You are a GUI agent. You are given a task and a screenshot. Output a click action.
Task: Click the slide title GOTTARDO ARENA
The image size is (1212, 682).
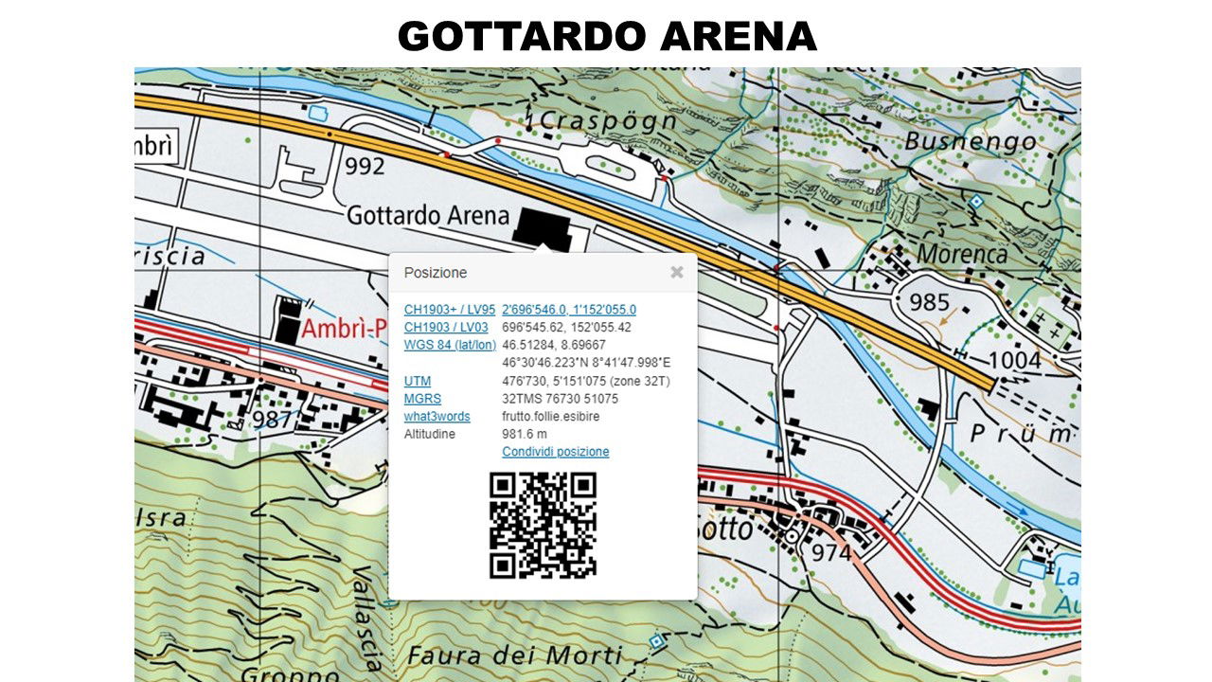pyautogui.click(x=606, y=36)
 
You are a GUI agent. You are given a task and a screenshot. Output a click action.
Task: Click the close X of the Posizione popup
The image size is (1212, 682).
pyautogui.click(x=676, y=273)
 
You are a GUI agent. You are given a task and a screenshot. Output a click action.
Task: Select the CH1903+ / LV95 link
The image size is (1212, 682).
pyautogui.click(x=449, y=310)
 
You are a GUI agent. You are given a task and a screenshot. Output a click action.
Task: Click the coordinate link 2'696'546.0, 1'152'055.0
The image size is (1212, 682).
pyautogui.click(x=568, y=310)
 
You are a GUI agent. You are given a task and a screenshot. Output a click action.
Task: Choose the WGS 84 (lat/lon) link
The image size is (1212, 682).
pyautogui.click(x=449, y=345)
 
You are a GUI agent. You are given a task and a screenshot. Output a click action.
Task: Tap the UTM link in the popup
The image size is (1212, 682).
pyautogui.click(x=417, y=381)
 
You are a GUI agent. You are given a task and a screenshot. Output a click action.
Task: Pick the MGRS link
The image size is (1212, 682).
pyautogui.click(x=422, y=399)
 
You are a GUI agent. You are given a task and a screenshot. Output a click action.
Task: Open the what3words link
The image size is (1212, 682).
pyautogui.click(x=437, y=417)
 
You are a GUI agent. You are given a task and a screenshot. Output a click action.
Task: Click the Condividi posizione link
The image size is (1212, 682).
pyautogui.click(x=555, y=452)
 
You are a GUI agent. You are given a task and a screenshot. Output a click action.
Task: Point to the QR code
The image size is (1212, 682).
pyautogui.click(x=543, y=525)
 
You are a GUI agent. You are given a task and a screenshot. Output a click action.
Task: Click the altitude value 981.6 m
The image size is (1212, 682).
pyautogui.click(x=524, y=434)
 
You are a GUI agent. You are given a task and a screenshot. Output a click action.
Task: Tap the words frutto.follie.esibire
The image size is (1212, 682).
pyautogui.click(x=550, y=417)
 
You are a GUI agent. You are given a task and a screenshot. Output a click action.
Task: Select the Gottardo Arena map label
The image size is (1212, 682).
pyautogui.click(x=428, y=216)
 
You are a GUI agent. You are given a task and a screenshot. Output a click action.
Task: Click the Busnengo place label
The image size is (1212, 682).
pyautogui.click(x=970, y=142)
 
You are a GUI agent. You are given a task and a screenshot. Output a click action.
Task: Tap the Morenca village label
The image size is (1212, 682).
pyautogui.click(x=961, y=254)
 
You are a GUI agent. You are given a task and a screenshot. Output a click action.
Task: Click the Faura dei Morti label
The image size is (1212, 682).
pyautogui.click(x=514, y=655)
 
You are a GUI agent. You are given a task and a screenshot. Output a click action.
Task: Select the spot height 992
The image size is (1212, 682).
pyautogui.click(x=365, y=167)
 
